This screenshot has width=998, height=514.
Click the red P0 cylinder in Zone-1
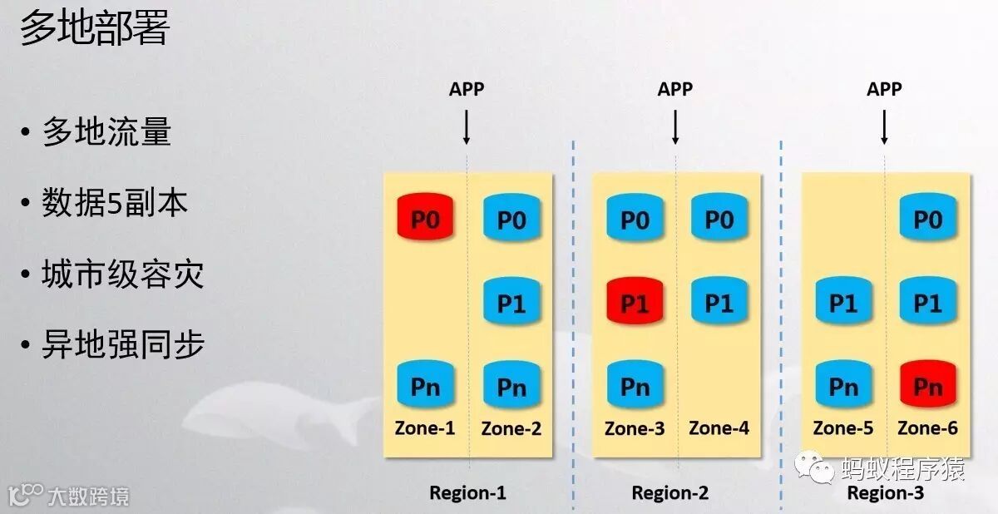427,220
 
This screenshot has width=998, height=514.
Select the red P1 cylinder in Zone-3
635,304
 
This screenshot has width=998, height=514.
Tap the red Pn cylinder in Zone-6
927,387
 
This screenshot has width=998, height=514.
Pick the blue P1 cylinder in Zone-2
511,304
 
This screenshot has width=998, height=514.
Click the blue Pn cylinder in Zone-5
843,387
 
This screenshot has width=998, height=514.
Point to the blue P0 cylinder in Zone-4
719,220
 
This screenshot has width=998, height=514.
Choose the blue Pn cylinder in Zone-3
635,387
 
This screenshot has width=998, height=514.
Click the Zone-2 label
511,429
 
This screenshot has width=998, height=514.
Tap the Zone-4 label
719,429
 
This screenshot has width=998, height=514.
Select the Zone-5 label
843,429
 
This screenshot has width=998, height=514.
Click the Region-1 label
467,492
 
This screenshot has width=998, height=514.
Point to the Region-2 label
670,492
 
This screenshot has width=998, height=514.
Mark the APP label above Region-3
884,89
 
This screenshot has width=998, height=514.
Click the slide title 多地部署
95,29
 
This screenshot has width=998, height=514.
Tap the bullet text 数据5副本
115,204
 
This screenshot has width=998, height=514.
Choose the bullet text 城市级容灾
122,274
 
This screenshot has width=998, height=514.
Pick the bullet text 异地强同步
122,344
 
